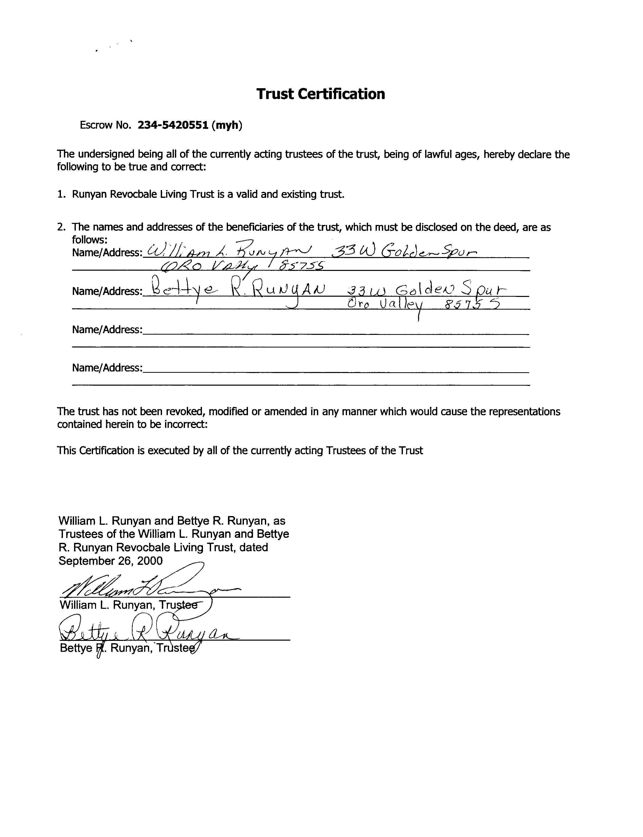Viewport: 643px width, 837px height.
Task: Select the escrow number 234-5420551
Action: click(173, 125)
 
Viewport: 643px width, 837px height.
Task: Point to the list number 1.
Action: click(61, 194)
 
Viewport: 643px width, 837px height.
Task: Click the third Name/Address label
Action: click(107, 330)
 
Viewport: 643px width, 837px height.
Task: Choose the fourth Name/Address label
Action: click(107, 368)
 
